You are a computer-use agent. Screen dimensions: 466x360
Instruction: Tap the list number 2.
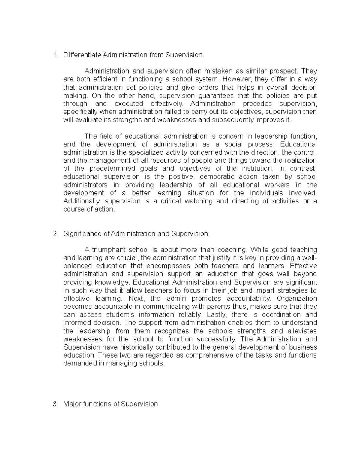point(55,233)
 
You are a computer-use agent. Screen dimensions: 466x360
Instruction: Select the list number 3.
point(55,404)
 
